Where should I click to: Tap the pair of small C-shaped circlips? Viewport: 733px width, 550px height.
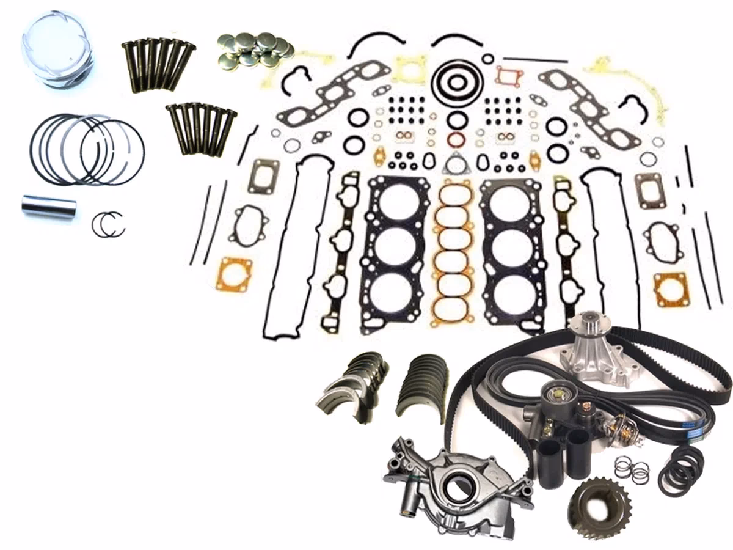[x=108, y=224]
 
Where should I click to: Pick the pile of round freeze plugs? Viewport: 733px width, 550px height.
[x=254, y=50]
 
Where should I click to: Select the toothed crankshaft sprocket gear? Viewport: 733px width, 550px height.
[x=596, y=505]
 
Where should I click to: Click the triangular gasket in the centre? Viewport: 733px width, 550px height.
[x=454, y=164]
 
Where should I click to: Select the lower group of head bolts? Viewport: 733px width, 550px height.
[x=200, y=128]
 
